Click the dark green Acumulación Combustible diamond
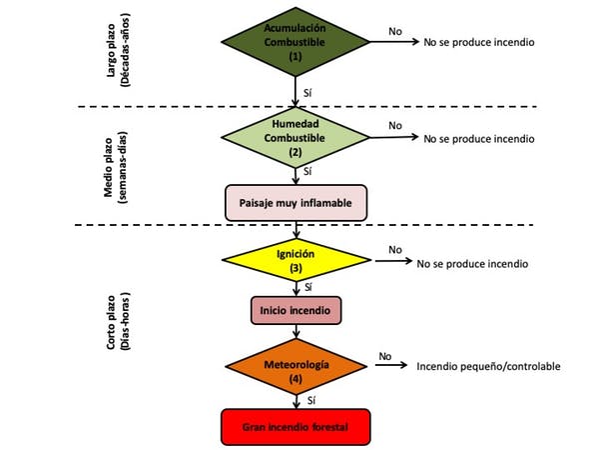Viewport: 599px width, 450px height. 296,42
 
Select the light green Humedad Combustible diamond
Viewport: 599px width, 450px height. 296,137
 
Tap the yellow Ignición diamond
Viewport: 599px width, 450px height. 297,260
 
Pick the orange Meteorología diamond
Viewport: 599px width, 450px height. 297,366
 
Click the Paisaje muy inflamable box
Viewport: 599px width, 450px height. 297,203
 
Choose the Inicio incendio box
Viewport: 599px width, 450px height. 297,310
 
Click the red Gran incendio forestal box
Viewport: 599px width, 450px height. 296,427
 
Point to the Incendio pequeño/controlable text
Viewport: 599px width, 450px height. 488,367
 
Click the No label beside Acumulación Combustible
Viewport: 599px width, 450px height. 395,31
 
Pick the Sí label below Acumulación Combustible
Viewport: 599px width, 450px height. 307,93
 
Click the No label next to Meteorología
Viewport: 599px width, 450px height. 385,356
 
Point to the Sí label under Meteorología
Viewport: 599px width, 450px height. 311,400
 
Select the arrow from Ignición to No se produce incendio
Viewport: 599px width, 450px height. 394,261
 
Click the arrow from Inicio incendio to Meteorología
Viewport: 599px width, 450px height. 297,331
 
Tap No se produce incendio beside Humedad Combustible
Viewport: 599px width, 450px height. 479,139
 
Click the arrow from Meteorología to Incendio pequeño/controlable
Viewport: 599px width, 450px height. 391,365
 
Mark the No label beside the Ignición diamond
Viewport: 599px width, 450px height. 395,250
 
